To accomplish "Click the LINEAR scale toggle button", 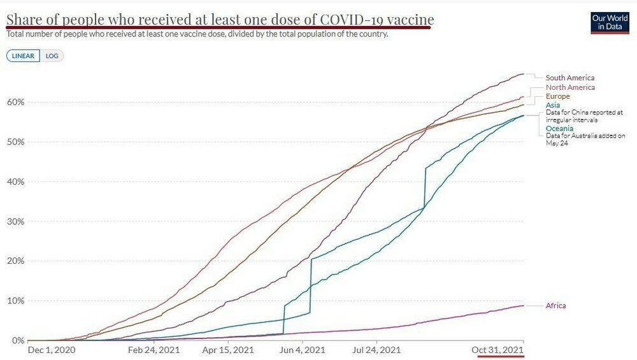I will pos(23,55).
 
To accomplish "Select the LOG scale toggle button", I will pos(52,55).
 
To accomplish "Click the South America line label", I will pos(569,78).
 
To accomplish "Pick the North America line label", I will pos(570,87).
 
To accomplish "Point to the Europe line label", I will pos(557,96).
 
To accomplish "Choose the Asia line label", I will pos(552,104).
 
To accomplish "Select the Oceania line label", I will pos(560,128).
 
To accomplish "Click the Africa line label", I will pos(555,306).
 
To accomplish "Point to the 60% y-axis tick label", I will pos(16,102).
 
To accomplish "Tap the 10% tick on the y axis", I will pos(16,301).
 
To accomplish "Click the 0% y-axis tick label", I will pos(18,340).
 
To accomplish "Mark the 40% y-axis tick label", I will pos(16,182).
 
